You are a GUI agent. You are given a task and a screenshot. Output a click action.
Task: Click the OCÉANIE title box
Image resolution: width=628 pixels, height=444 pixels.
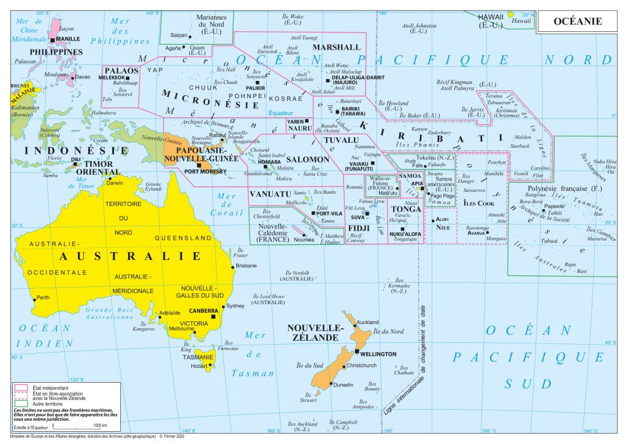point(578,21)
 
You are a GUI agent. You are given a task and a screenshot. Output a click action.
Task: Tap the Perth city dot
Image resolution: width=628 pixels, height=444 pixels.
point(34,299)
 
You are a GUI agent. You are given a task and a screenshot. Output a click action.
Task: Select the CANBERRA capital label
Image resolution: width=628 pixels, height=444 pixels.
point(204,310)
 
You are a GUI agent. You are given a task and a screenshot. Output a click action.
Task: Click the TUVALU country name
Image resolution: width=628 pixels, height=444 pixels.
point(341,140)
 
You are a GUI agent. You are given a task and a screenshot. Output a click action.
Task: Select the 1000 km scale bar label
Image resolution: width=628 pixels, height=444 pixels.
point(99,426)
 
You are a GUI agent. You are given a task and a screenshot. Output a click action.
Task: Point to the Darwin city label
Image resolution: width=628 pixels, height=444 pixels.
point(115,183)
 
